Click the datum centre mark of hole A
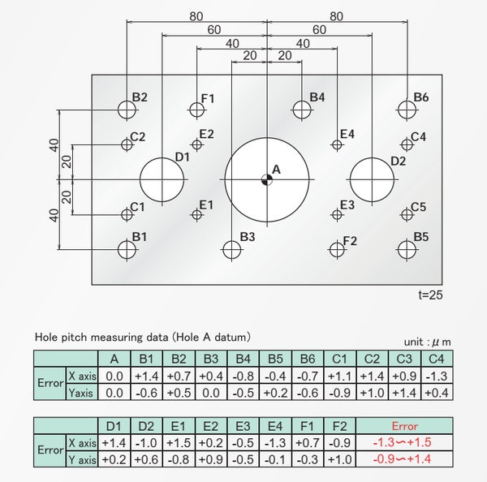(267, 179)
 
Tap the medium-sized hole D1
(162, 179)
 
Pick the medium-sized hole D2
(373, 179)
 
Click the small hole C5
(407, 214)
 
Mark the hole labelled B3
(232, 249)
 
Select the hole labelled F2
(338, 249)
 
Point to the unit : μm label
(427, 342)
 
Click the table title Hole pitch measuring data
(142, 335)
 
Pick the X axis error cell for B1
(146, 377)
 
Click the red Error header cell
(404, 426)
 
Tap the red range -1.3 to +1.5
(404, 444)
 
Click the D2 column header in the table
(146, 426)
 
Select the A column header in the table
(114, 359)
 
